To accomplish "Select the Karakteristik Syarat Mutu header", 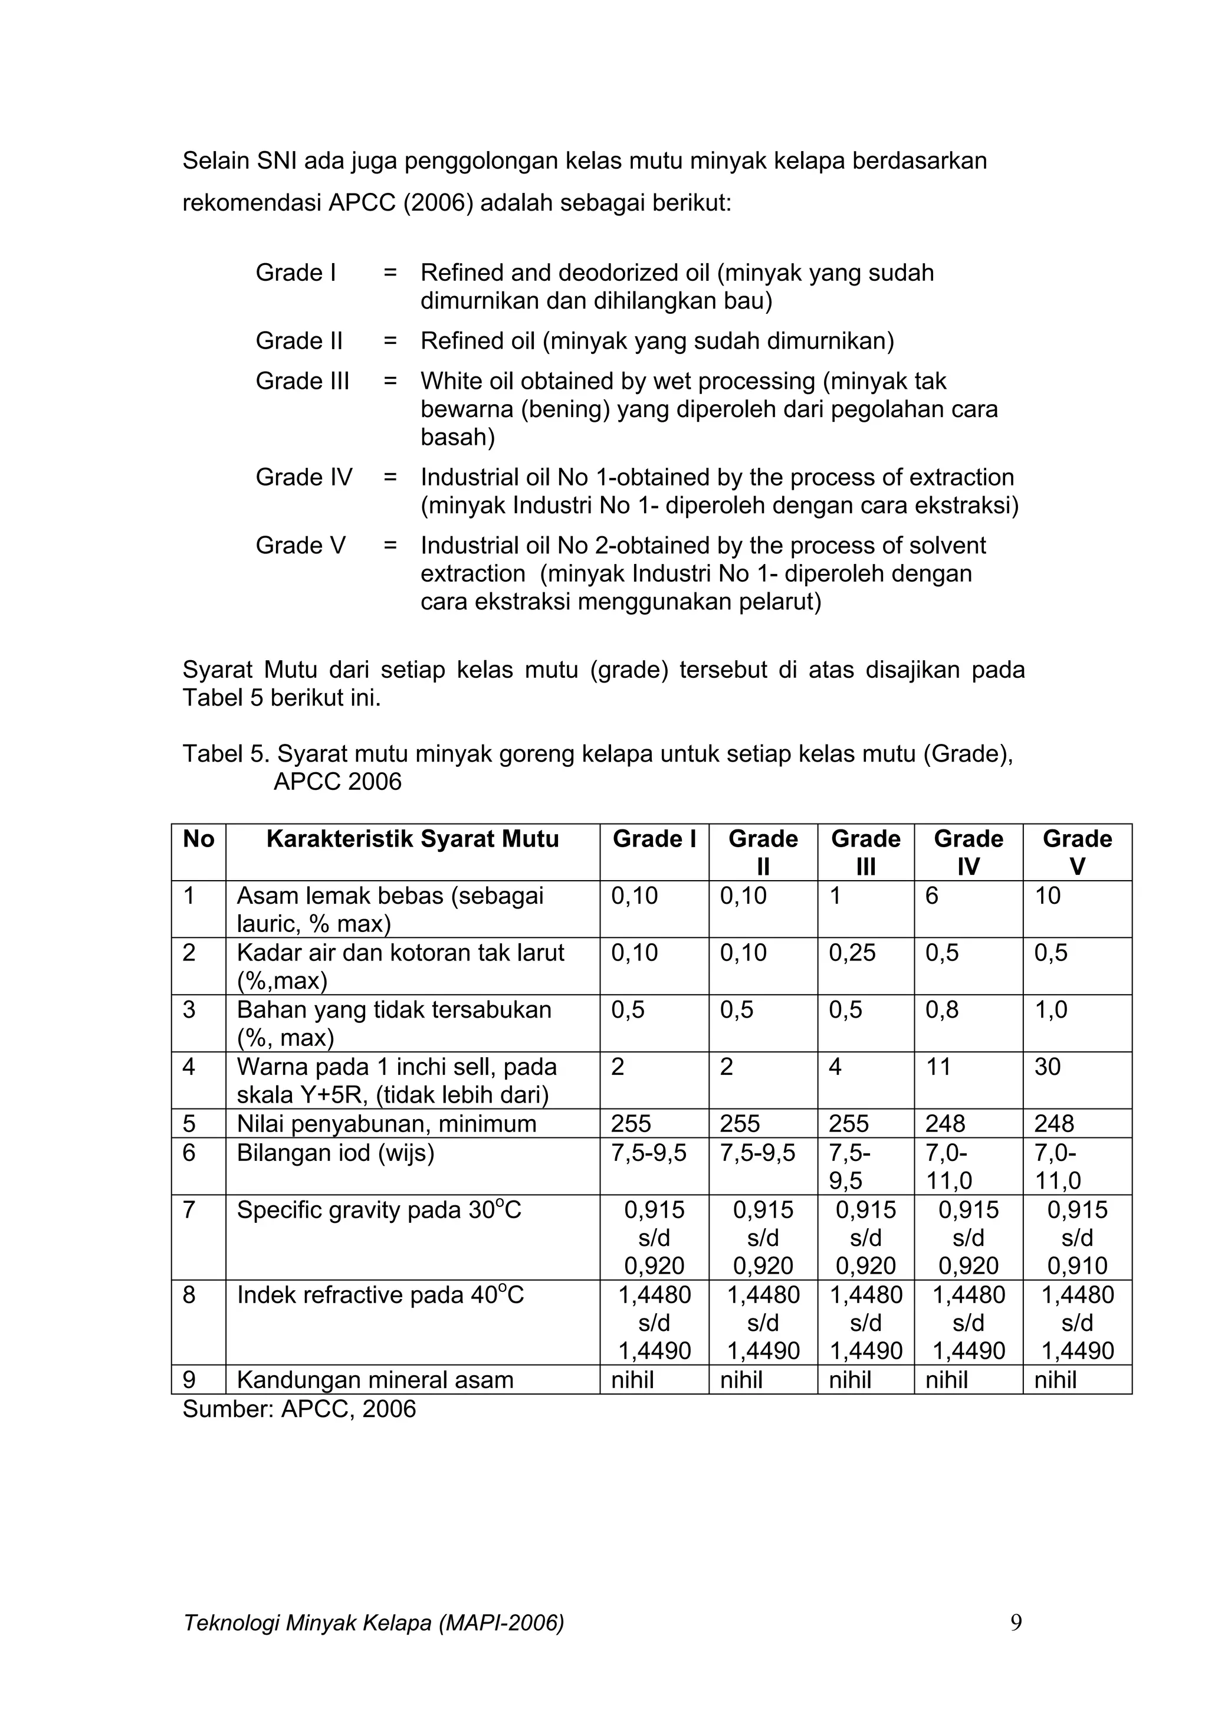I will click(x=412, y=839).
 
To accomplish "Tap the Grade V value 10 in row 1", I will click(x=1047, y=895).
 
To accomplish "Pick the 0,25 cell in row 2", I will click(x=852, y=953).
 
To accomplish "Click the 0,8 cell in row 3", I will click(x=941, y=1010).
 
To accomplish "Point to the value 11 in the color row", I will click(x=938, y=1067).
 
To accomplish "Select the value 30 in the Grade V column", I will click(x=1047, y=1067).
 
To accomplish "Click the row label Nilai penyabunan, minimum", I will click(x=386, y=1123).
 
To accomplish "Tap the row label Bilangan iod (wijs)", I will click(x=335, y=1153).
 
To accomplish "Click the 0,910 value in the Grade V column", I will click(x=1077, y=1265).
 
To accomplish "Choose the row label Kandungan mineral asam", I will click(x=375, y=1380).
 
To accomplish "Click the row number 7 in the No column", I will click(x=189, y=1211).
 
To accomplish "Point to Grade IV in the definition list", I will click(x=304, y=477).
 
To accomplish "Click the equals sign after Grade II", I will click(x=390, y=341).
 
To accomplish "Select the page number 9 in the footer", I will click(x=1016, y=1623).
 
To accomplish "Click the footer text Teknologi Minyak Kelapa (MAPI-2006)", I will click(x=373, y=1623).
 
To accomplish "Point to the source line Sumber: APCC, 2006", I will click(x=299, y=1409).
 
